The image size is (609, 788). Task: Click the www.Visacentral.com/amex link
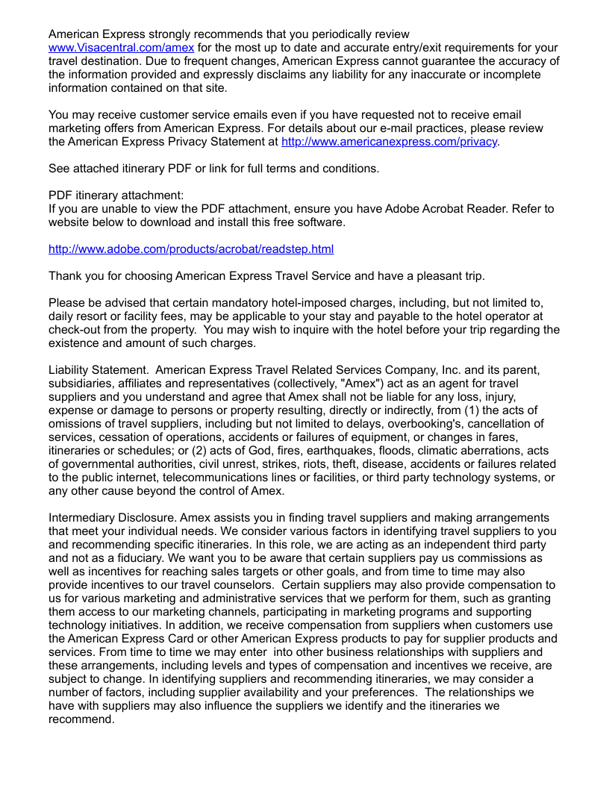click(121, 48)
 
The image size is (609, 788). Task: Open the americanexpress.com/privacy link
click(389, 142)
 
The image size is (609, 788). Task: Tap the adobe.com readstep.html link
click(191, 249)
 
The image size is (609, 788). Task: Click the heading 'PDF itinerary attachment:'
click(116, 196)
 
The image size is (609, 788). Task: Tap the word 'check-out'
click(76, 330)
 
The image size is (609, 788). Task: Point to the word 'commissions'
click(493, 558)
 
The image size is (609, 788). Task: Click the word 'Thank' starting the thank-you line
click(65, 276)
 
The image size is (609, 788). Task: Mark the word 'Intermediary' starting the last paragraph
click(83, 518)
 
